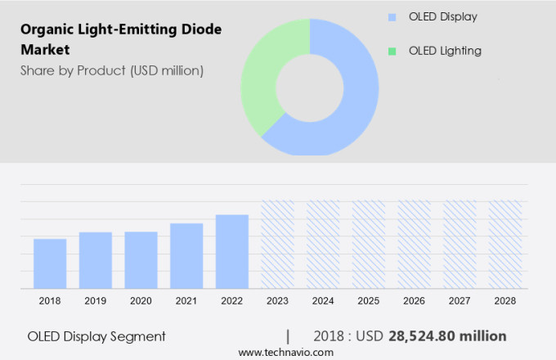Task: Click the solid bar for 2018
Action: (50, 263)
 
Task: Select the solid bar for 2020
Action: (141, 260)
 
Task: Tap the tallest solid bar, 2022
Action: (232, 251)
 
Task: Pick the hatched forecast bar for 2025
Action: (369, 245)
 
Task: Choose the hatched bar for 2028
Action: (505, 245)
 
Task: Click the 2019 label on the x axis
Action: (96, 301)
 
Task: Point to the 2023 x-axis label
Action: (277, 301)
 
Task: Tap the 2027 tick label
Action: (460, 301)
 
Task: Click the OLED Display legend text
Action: (442, 16)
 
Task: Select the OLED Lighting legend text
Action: (445, 51)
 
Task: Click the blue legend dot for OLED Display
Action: (392, 16)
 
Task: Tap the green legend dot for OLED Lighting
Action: (392, 51)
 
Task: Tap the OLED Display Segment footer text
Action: (96, 336)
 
